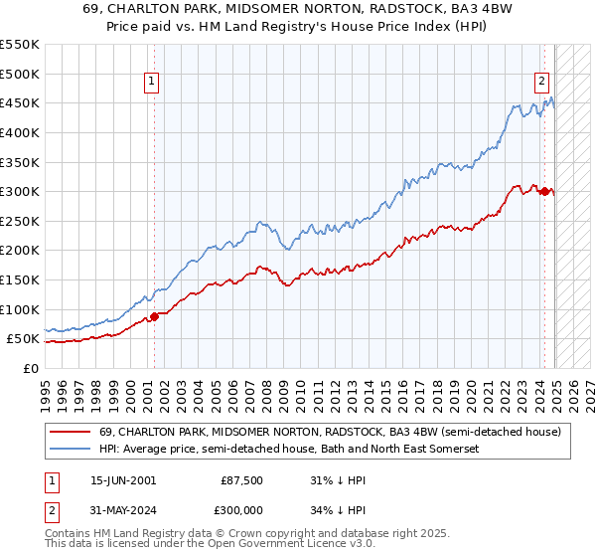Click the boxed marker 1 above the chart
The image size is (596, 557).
click(153, 83)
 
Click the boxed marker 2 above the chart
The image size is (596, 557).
click(542, 83)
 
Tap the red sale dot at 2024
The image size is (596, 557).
click(544, 192)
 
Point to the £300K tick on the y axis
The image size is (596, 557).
click(20, 191)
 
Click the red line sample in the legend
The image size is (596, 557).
click(71, 432)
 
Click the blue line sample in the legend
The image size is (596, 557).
click(71, 450)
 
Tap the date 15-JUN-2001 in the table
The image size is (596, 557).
click(123, 480)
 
